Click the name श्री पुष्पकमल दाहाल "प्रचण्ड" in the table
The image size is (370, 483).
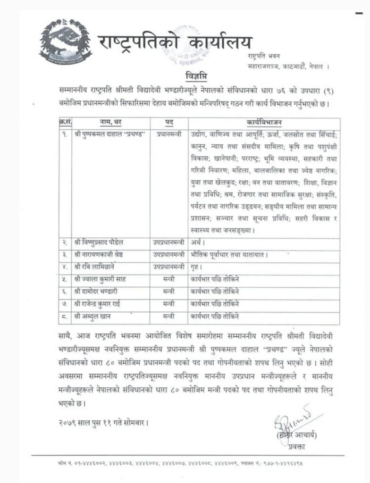pos(109,134)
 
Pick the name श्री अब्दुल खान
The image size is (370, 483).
pos(92,316)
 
